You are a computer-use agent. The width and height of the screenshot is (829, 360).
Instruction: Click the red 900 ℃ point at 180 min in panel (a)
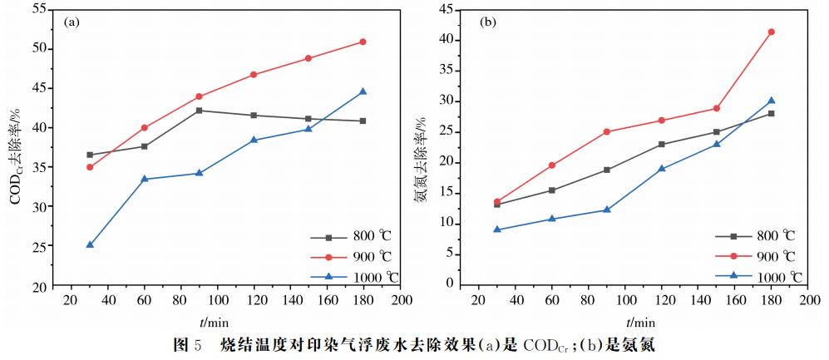point(363,42)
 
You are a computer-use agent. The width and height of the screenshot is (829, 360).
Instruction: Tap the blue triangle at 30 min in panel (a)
point(90,245)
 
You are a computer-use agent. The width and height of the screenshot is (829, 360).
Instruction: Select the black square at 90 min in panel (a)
point(199,111)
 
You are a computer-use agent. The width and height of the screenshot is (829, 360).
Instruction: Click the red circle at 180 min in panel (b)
point(771,32)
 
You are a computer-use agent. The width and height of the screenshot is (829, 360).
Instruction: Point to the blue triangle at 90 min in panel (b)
point(607,210)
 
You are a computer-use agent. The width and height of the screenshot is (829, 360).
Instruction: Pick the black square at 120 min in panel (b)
point(662,145)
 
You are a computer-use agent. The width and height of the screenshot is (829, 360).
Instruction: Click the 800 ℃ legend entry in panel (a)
point(341,236)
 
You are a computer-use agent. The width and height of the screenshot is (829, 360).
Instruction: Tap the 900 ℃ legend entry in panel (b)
point(752,256)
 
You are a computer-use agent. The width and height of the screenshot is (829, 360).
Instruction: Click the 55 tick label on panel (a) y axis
point(37,9)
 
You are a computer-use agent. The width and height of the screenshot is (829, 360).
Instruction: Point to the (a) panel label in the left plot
point(72,22)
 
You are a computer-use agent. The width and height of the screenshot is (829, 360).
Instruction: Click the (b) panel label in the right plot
point(488,22)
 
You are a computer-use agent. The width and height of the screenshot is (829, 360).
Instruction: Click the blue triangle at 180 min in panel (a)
point(363,91)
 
